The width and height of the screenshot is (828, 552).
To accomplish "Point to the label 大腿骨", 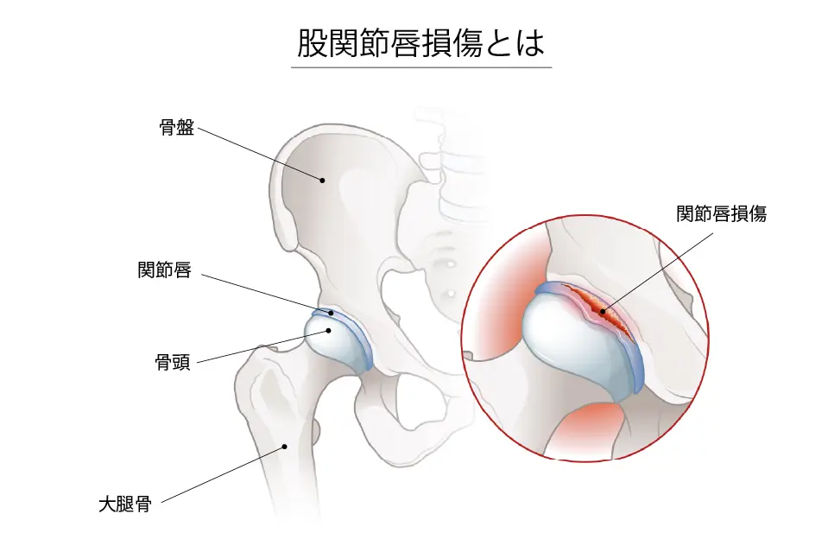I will point(125,504).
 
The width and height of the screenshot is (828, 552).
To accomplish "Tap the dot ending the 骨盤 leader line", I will point(321,181).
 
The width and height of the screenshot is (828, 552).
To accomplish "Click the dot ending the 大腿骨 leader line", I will point(283,447).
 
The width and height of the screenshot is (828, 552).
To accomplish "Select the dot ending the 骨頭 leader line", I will point(329,329).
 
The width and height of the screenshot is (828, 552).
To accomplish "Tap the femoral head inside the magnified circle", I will point(570,341).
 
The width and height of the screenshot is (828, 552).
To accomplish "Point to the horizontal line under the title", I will point(420,67).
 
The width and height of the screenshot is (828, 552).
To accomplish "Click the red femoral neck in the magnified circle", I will point(587,428).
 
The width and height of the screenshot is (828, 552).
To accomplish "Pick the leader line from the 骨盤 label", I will point(259,155).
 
